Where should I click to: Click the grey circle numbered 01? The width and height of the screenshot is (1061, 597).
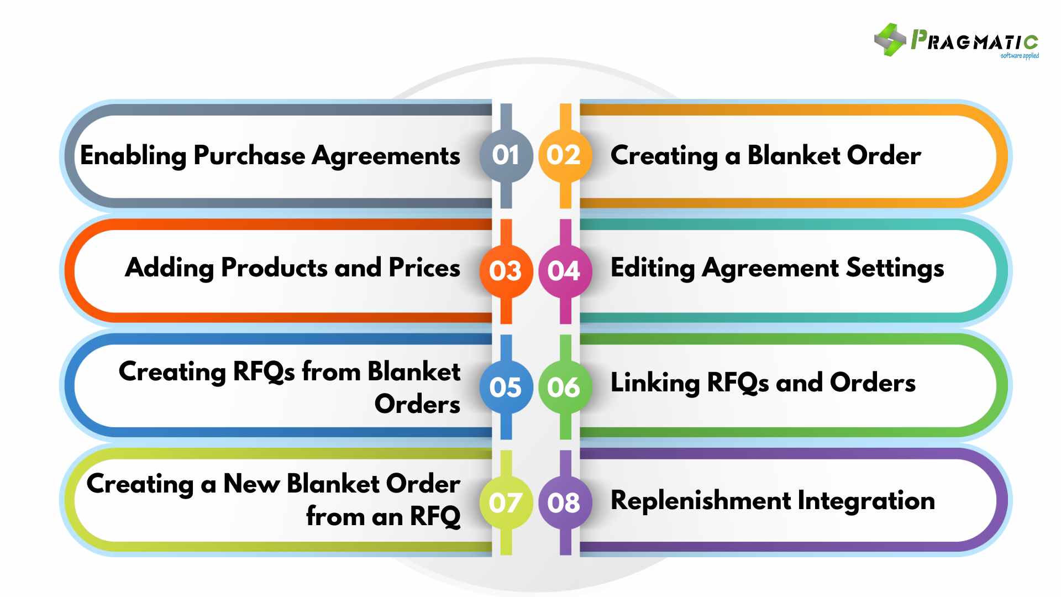506,156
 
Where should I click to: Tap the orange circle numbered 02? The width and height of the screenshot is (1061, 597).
564,156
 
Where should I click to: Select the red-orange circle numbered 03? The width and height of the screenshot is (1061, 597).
506,271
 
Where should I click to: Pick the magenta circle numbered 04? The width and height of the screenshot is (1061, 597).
564,271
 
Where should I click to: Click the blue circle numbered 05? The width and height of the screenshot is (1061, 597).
506,387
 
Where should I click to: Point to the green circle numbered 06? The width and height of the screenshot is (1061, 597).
564,387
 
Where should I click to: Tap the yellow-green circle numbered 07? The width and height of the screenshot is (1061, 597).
506,502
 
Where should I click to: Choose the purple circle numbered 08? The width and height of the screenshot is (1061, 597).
564,502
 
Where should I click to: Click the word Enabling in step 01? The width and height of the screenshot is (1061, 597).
133,156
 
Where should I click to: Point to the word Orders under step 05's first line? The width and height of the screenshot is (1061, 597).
417,404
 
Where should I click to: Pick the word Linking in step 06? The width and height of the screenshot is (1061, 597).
655,383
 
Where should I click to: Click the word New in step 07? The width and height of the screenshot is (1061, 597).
251,484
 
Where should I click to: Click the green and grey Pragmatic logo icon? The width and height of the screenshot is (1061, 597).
889,40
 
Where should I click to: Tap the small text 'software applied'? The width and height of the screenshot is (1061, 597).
1020,56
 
